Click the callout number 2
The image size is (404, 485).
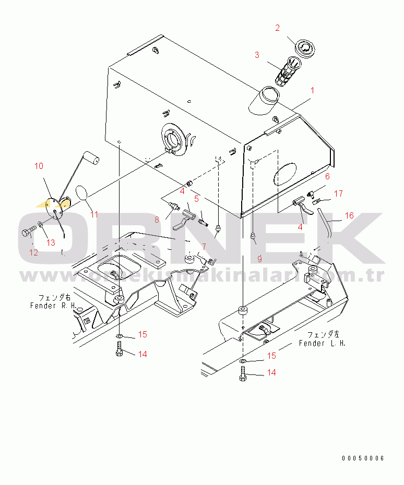[278, 28]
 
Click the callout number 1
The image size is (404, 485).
[312, 90]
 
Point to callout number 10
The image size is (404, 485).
[39, 166]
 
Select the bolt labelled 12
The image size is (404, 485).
[26, 233]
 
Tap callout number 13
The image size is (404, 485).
[50, 242]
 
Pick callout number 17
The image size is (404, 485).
[338, 194]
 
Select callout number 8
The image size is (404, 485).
[156, 220]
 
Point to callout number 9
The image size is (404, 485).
[259, 258]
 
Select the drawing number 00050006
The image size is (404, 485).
[363, 458]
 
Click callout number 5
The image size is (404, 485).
[197, 198]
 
